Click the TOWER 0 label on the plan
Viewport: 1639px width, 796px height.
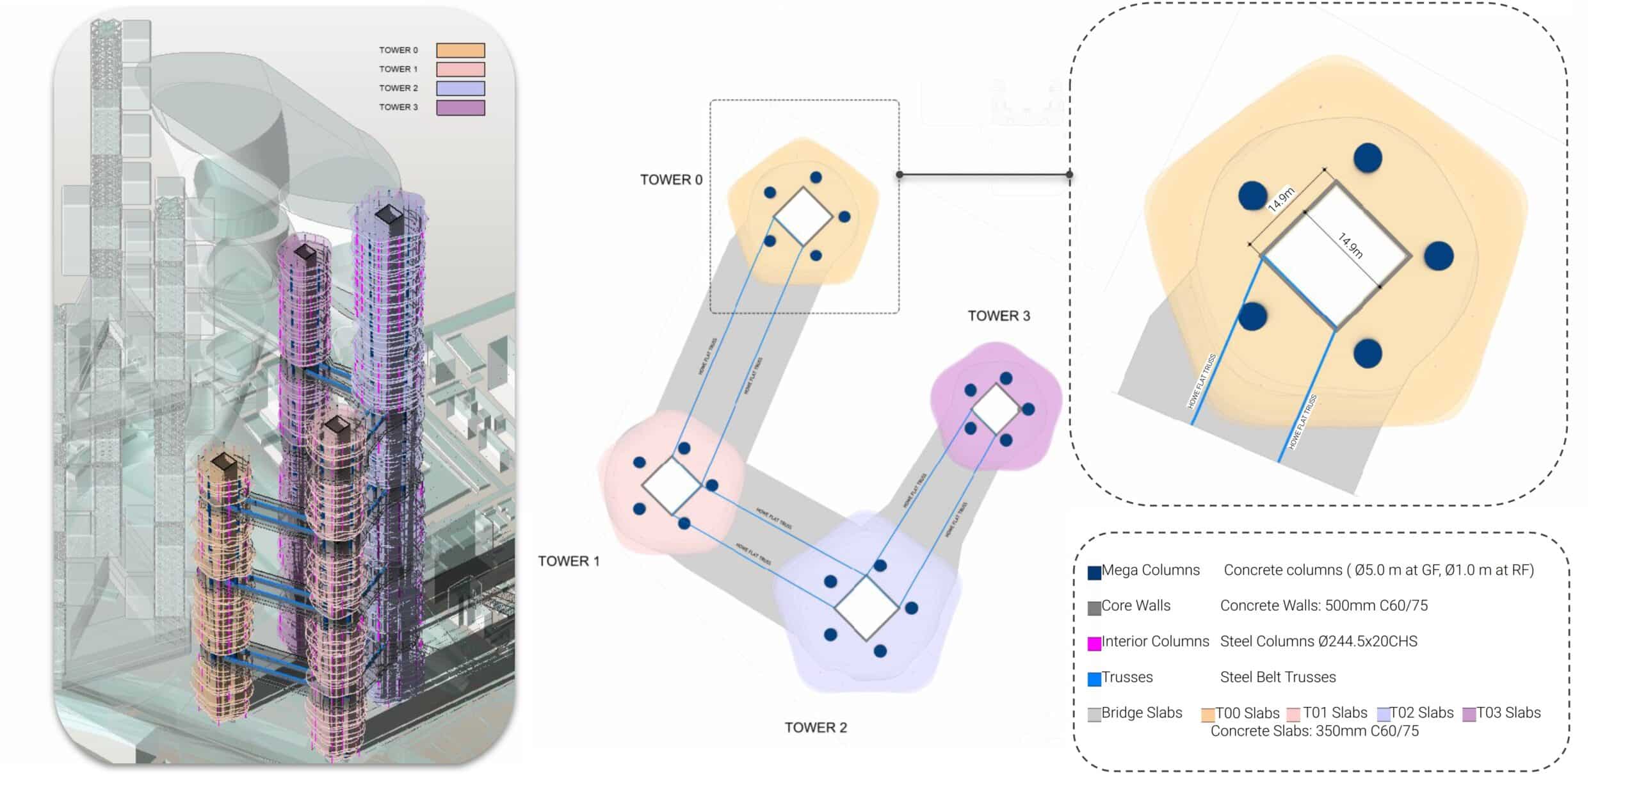[x=671, y=180]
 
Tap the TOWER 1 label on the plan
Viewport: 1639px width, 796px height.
[x=569, y=562]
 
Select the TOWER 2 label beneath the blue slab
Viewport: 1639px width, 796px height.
[x=816, y=727]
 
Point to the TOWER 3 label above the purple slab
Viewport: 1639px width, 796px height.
[x=999, y=316]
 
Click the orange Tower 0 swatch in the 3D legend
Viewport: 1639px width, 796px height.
[x=460, y=51]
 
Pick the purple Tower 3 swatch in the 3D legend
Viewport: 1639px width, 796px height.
[x=460, y=108]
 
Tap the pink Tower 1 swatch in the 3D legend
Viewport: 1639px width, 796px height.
[x=460, y=69]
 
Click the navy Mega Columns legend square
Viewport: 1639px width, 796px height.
[x=1094, y=572]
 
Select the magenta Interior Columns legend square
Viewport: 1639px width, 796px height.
[x=1094, y=643]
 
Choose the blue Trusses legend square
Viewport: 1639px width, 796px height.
[x=1094, y=679]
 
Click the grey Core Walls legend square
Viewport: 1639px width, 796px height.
[x=1094, y=608]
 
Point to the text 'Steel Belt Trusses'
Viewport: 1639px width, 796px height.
[x=1278, y=678]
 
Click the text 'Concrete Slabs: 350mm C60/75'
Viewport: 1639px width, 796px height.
[x=1314, y=731]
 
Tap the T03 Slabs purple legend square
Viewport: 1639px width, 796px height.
[x=1469, y=715]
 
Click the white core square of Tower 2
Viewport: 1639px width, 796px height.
[x=867, y=607]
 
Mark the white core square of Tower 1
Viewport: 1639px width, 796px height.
[x=672, y=485]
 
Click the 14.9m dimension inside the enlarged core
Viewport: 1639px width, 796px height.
[x=1350, y=246]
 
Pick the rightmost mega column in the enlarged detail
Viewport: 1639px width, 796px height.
[x=1439, y=256]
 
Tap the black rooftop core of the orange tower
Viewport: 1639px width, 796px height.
[x=223, y=461]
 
